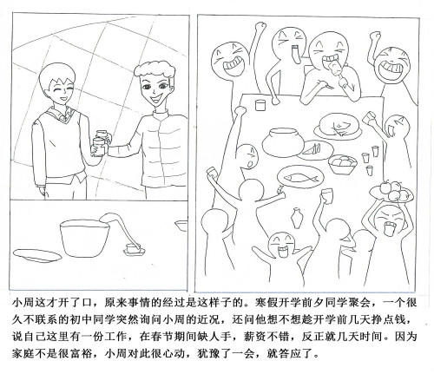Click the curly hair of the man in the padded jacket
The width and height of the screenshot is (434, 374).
click(155, 69)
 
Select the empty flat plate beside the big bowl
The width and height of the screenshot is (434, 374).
click(37, 255)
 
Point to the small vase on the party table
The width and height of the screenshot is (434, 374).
click(298, 218)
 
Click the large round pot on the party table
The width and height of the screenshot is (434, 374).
click(283, 142)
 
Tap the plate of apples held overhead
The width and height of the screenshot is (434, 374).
click(391, 191)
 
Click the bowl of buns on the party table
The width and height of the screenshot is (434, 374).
click(343, 164)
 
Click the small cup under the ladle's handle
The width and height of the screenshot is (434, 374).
click(134, 250)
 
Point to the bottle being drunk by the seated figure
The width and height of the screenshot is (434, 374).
click(336, 68)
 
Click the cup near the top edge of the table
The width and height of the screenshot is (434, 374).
click(260, 105)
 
